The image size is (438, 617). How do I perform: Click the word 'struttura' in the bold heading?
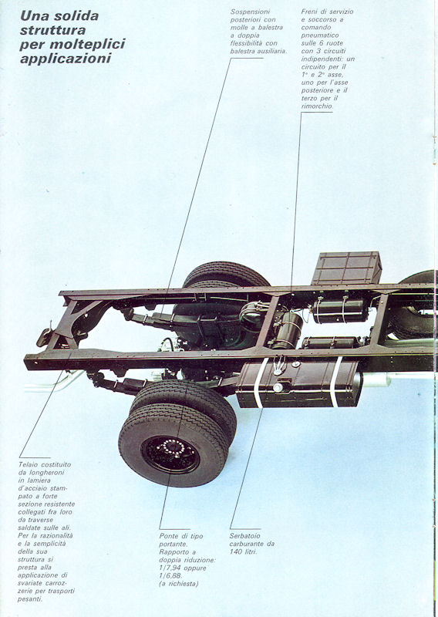pyautogui.click(x=52, y=30)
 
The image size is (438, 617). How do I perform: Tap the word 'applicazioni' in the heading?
pyautogui.click(x=66, y=59)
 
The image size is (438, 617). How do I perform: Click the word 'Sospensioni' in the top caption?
pyautogui.click(x=251, y=12)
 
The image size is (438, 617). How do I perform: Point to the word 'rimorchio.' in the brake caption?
pyautogui.click(x=317, y=106)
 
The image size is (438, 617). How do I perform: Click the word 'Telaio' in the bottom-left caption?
pyautogui.click(x=28, y=464)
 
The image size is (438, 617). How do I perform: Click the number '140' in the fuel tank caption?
pyautogui.click(x=236, y=551)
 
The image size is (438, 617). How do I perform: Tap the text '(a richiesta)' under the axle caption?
pyautogui.click(x=179, y=584)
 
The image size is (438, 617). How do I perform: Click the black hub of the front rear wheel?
pyautogui.click(x=170, y=454)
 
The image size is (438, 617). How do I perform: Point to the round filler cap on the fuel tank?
pyautogui.click(x=278, y=388)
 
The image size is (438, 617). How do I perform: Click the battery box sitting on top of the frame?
pyautogui.click(x=347, y=268)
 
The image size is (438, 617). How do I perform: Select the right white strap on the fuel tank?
pyautogui.click(x=335, y=383)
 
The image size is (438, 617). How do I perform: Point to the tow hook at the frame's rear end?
pyautogui.click(x=45, y=335)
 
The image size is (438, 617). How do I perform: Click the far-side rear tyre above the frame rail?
pyautogui.click(x=225, y=275)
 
